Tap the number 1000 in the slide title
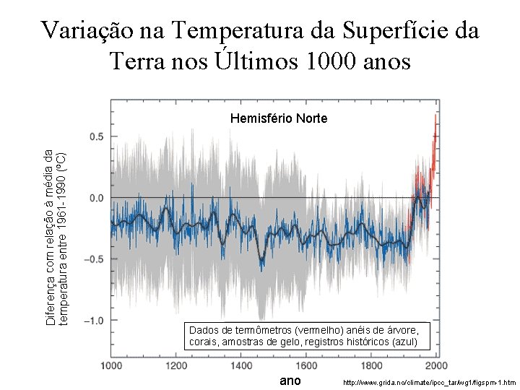[x=325, y=62]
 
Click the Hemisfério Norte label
[x=278, y=118]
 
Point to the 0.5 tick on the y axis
[x=95, y=136]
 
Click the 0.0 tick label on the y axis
[x=95, y=198]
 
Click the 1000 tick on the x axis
[x=110, y=366]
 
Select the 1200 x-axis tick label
[x=176, y=366]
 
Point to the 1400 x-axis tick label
[x=241, y=366]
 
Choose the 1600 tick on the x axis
[x=306, y=366]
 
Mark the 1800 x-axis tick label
[x=371, y=366]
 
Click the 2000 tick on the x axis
[x=435, y=366]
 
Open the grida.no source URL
[x=428, y=381]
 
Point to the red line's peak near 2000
[x=435, y=116]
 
